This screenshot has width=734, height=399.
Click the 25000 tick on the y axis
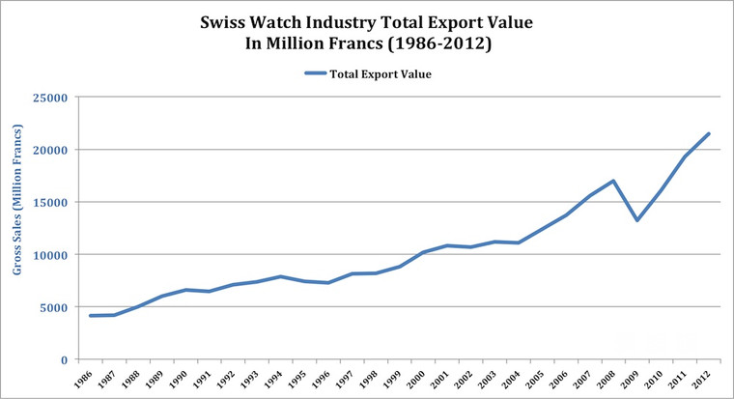(x=52, y=98)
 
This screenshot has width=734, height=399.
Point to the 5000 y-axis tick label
(x=55, y=307)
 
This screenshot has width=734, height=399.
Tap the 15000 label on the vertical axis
(x=52, y=203)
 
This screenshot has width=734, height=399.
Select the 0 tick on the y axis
(x=65, y=359)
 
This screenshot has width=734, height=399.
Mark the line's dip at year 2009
(x=637, y=220)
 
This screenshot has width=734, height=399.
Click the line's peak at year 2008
(x=613, y=181)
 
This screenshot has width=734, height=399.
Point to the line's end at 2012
(x=709, y=133)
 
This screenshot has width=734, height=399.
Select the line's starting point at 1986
(x=91, y=316)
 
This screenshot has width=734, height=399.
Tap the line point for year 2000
(x=423, y=252)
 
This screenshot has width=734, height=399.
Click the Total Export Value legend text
(x=381, y=72)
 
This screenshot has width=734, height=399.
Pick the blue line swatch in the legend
(x=316, y=72)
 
